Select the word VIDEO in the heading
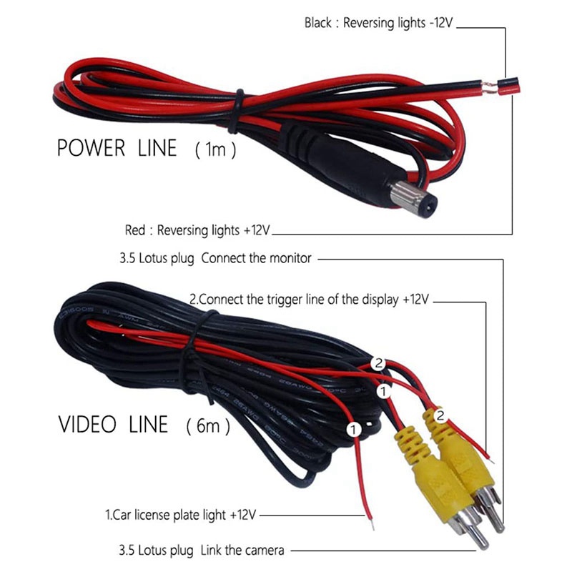pyautogui.click(x=87, y=424)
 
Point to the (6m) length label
pyautogui.click(x=208, y=427)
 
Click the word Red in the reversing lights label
pyautogui.click(x=135, y=231)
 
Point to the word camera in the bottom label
pyautogui.click(x=263, y=551)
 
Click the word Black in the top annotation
pyautogui.click(x=317, y=23)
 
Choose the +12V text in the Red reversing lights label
pyautogui.click(x=257, y=231)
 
